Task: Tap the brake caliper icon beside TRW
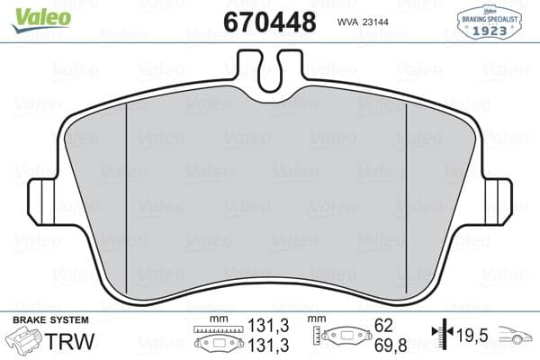point(25,341)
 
